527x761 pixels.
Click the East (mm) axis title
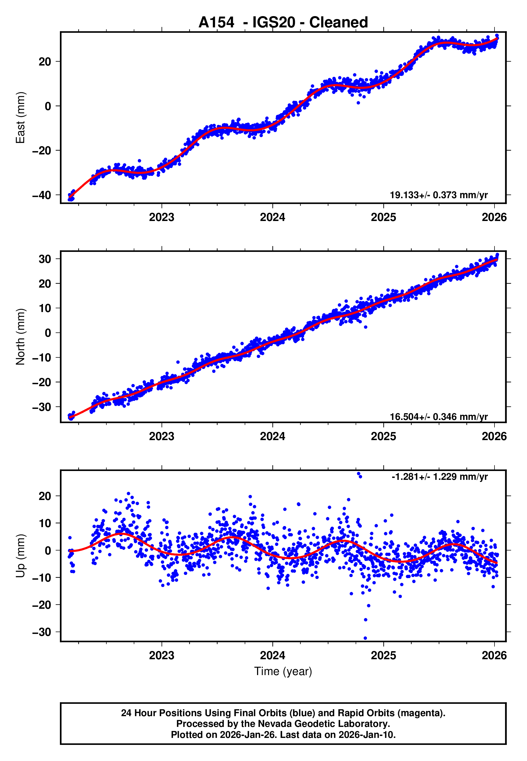(x=20, y=118)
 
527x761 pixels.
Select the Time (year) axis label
(x=283, y=671)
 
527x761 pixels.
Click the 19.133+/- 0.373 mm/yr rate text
(x=439, y=195)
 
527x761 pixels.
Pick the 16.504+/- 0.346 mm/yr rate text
(x=439, y=417)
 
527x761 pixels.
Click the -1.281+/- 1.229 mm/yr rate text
(x=439, y=477)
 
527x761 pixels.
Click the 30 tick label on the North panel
(x=45, y=259)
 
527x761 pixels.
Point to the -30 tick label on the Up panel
(x=42, y=632)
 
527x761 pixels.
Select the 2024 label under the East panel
(x=272, y=217)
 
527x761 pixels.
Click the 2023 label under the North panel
(x=161, y=436)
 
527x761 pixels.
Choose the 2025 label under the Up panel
(x=383, y=655)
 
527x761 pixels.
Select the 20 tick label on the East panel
(x=45, y=62)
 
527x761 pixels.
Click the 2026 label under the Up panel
(x=494, y=655)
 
